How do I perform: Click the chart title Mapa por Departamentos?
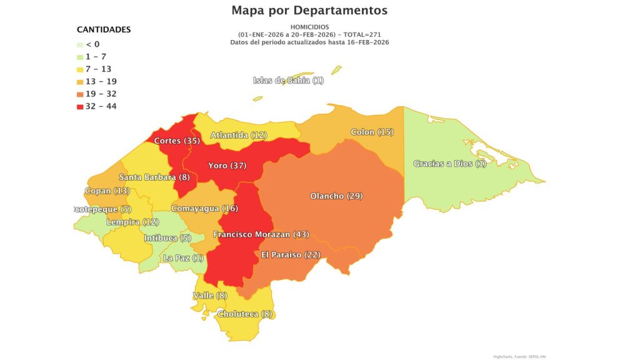pyautogui.click(x=309, y=11)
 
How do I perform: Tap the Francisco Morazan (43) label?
pyautogui.click(x=261, y=234)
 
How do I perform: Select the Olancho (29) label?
pyautogui.click(x=336, y=196)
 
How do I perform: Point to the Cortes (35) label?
pyautogui.click(x=177, y=141)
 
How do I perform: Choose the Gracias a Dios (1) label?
pyautogui.click(x=449, y=164)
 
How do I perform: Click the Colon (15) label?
pyautogui.click(x=372, y=132)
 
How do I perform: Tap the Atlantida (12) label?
pyautogui.click(x=239, y=135)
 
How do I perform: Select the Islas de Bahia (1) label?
pyautogui.click(x=288, y=81)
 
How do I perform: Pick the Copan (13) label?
pyautogui.click(x=106, y=191)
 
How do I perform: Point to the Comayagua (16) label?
pyautogui.click(x=196, y=208)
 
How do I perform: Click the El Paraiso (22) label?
pyautogui.click(x=291, y=255)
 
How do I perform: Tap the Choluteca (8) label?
pyautogui.click(x=246, y=314)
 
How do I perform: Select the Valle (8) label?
pyautogui.click(x=209, y=296)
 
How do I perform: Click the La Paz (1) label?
pyautogui.click(x=183, y=258)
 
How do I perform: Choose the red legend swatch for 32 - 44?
pyautogui.click(x=80, y=106)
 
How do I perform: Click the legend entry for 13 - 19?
pyautogui.click(x=101, y=81)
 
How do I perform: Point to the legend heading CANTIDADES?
pyautogui.click(x=103, y=29)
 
